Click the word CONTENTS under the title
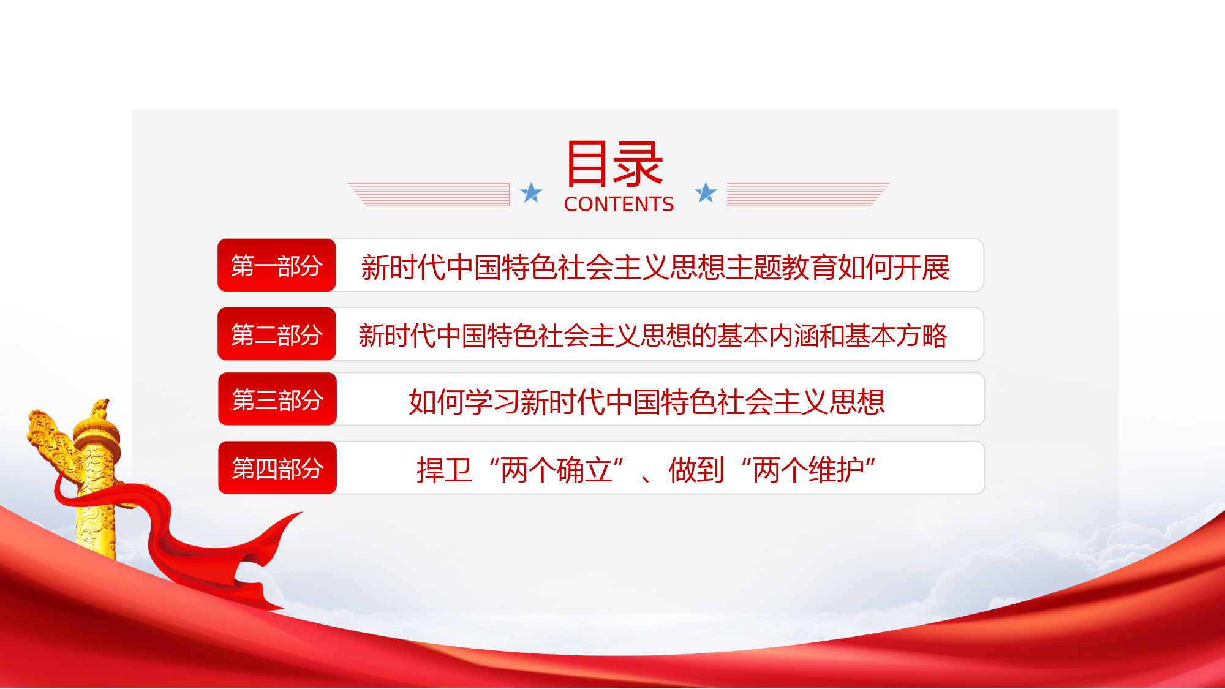pos(619,204)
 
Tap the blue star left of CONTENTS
pos(531,192)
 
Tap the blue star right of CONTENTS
pos(706,192)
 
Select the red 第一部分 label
pos(277,265)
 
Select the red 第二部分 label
pos(277,334)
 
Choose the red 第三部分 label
pos(277,399)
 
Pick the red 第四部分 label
pos(277,468)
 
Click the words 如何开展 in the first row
pos(894,268)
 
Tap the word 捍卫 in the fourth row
pos(444,470)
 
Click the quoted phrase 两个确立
pos(557,470)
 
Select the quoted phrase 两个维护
pos(809,470)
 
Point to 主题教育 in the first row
pos(781,268)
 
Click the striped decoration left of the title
pos(429,194)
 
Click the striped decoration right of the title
pos(808,194)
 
